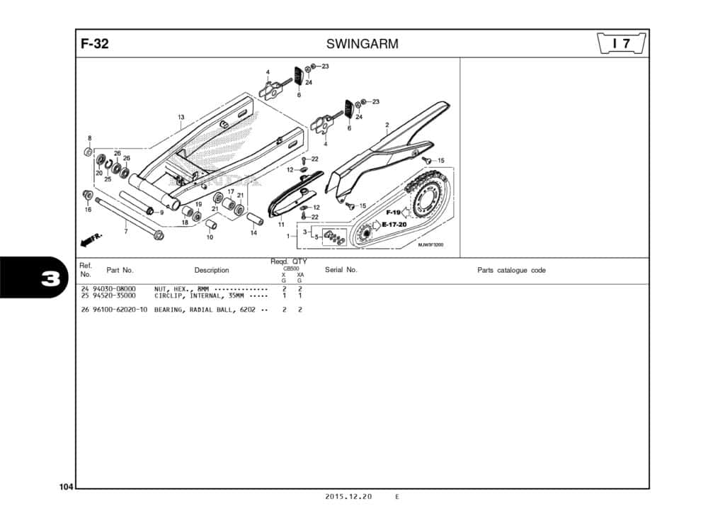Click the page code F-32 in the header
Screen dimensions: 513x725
tap(95, 44)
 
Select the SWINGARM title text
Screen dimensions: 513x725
tap(362, 44)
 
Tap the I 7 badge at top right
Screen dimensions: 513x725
tap(622, 44)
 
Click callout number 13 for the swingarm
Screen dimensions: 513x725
tap(181, 117)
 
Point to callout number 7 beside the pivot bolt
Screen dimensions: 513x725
tap(125, 231)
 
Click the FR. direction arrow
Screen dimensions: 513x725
tap(92, 241)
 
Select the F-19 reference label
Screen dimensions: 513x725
tap(394, 213)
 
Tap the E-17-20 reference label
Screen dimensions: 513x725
tap(394, 225)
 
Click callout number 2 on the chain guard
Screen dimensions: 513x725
tap(387, 125)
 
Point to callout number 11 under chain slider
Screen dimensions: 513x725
tap(281, 225)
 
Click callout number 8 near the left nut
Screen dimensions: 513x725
tap(89, 137)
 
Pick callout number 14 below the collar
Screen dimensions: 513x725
tap(253, 232)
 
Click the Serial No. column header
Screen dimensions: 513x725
tap(341, 270)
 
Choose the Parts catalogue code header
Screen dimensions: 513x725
tap(511, 270)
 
